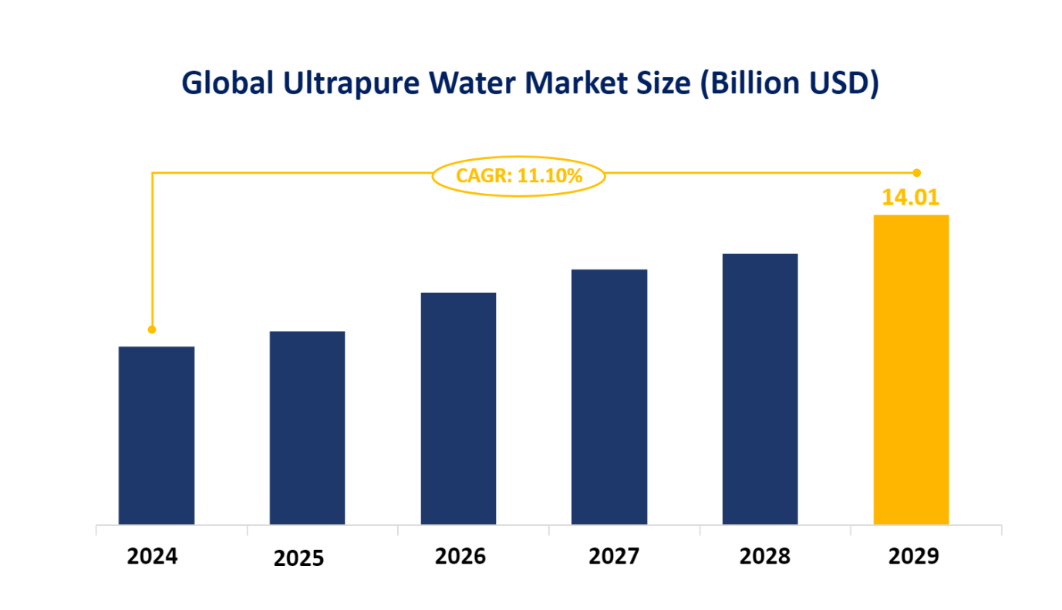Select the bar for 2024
(x=157, y=435)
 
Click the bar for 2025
(x=307, y=428)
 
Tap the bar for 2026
(x=458, y=408)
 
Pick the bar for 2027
(x=609, y=397)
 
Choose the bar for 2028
(x=760, y=389)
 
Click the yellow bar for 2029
(x=911, y=370)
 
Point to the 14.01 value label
(x=911, y=198)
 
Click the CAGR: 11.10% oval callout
(x=518, y=176)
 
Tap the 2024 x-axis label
(x=152, y=556)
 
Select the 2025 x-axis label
(x=299, y=558)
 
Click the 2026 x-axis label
(x=460, y=556)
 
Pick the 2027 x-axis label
(x=613, y=556)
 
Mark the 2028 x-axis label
(x=765, y=556)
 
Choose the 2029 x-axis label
(x=914, y=556)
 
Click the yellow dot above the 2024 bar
(x=152, y=330)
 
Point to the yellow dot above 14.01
(x=916, y=172)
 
